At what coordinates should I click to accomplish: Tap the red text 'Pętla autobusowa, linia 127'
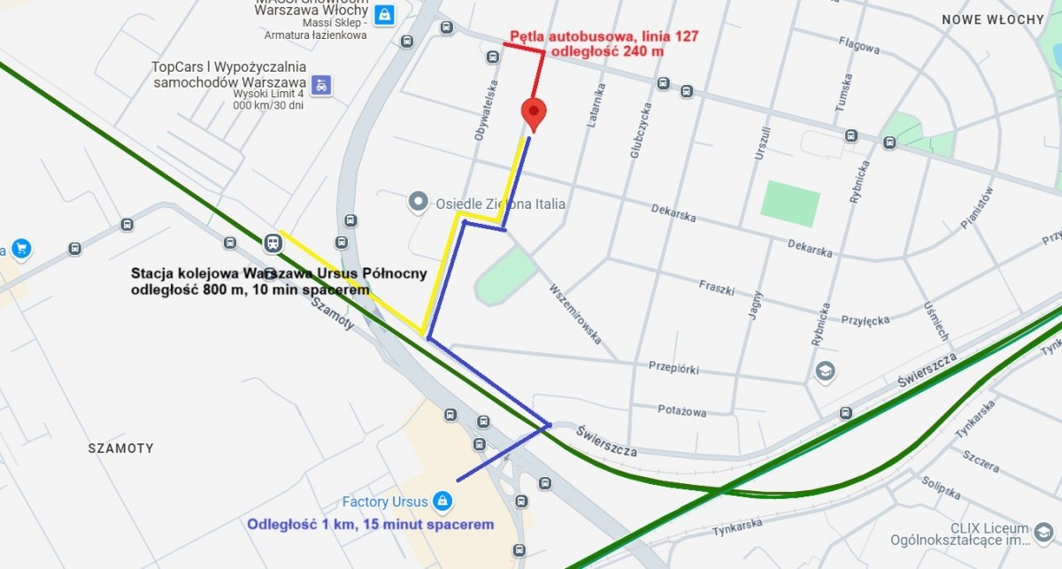click(604, 37)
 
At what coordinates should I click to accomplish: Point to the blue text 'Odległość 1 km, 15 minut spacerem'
click(370, 524)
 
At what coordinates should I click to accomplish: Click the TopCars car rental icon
click(323, 84)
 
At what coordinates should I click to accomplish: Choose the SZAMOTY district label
click(121, 449)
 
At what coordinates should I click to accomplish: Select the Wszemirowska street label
click(575, 314)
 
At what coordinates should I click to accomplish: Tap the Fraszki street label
click(718, 287)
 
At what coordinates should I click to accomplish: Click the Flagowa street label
click(858, 45)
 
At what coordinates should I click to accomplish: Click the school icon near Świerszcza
click(826, 371)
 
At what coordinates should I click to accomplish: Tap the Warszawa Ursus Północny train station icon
click(272, 242)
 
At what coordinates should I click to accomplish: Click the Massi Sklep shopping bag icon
click(384, 15)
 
